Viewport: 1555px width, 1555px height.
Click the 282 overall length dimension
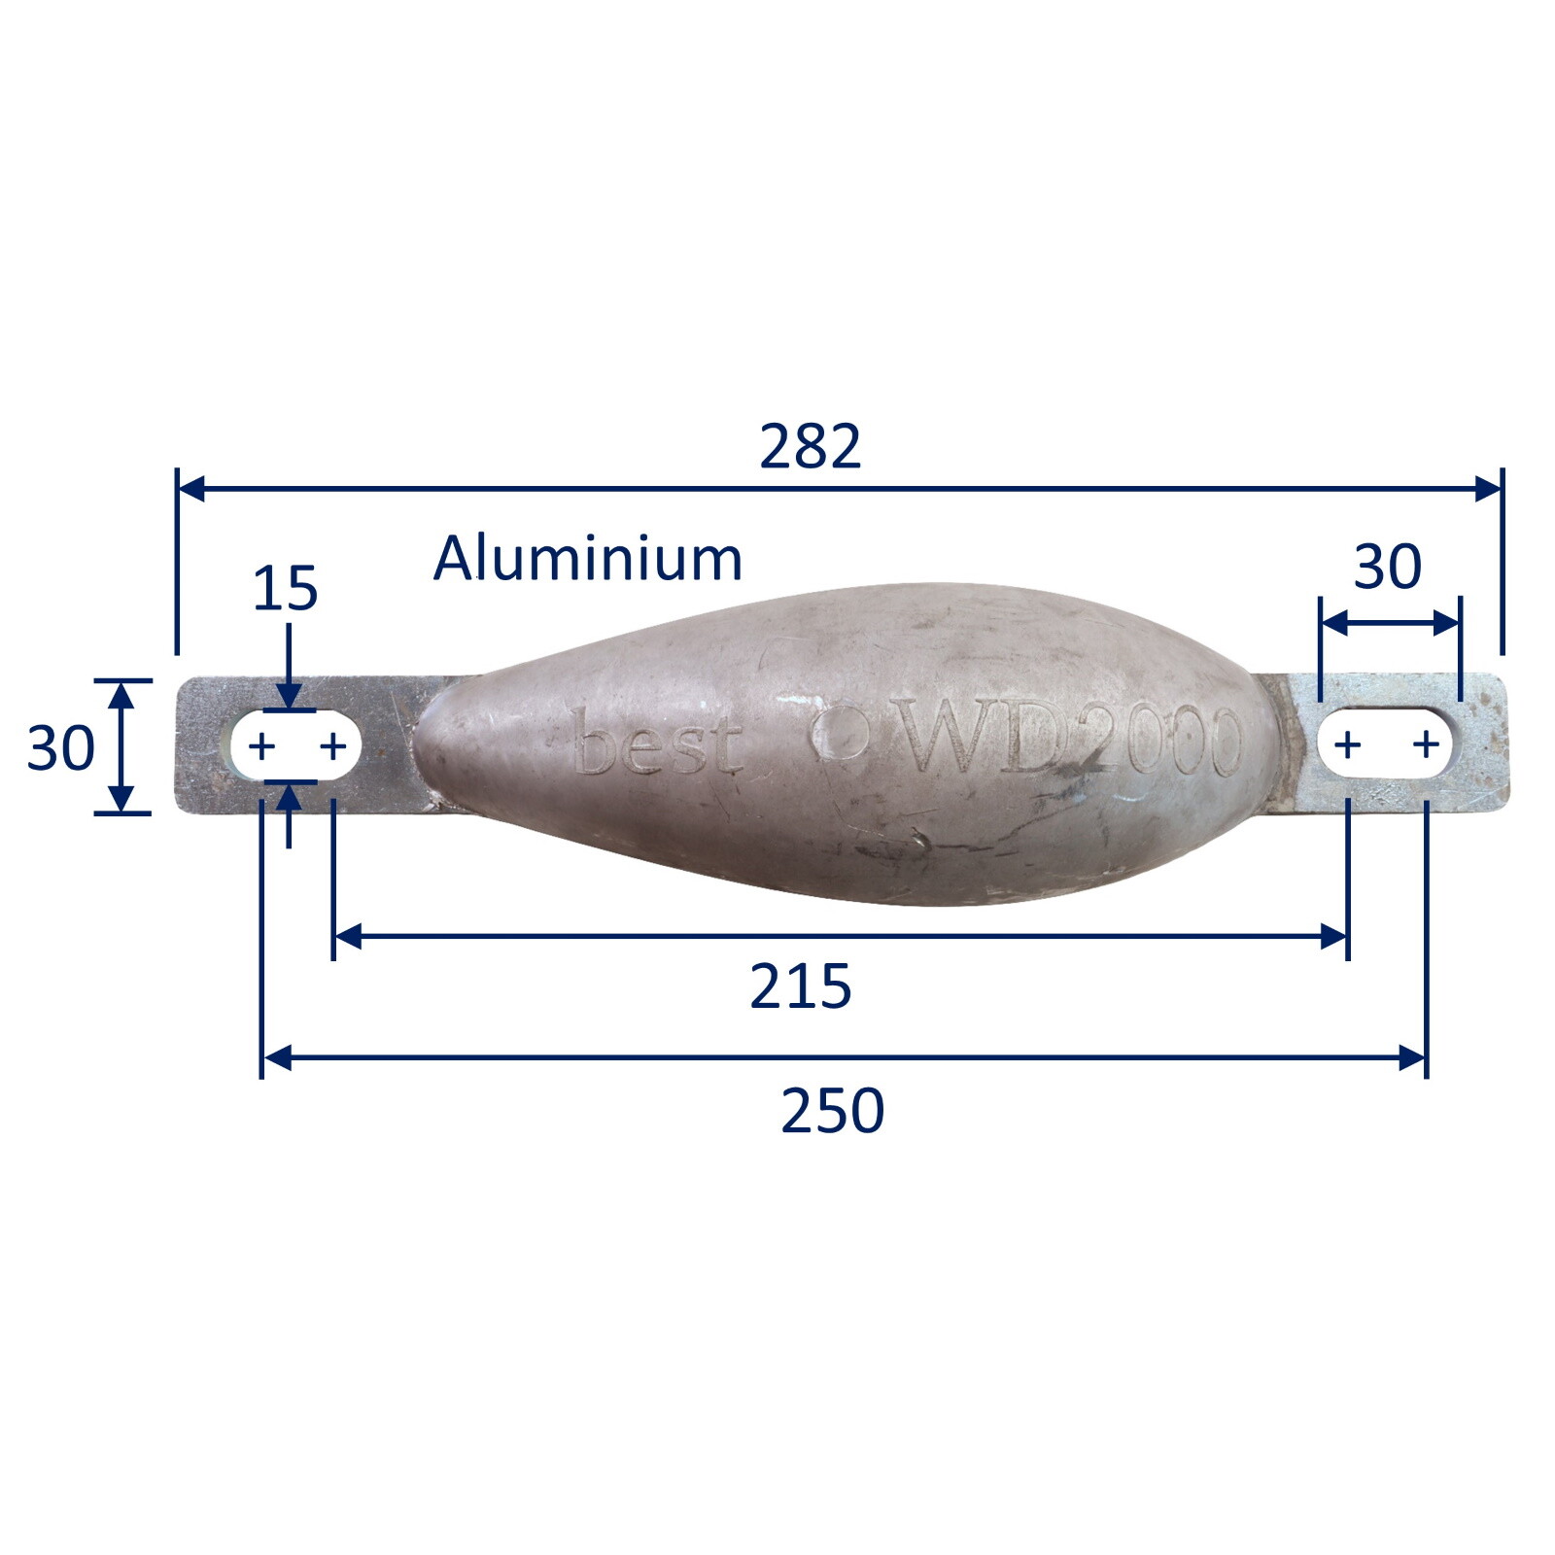click(x=810, y=447)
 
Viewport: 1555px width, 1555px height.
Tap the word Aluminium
click(x=587, y=560)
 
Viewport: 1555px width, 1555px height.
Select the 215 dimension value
click(x=800, y=987)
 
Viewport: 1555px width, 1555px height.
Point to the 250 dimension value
click(x=832, y=1112)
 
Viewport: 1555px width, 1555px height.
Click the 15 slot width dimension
click(x=285, y=589)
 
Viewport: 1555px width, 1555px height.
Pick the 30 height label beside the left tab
click(x=60, y=748)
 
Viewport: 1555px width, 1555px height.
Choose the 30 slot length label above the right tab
click(x=1387, y=567)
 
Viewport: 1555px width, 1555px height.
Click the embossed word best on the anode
click(x=658, y=744)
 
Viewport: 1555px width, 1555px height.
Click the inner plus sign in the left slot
click(x=333, y=746)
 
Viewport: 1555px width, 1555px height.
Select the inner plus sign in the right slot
click(x=1347, y=745)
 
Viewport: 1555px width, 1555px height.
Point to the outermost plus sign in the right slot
click(x=1426, y=745)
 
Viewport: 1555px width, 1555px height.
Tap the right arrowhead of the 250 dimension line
click(x=1412, y=1057)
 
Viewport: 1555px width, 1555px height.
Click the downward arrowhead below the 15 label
click(x=289, y=696)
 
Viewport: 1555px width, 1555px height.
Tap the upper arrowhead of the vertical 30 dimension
click(x=121, y=694)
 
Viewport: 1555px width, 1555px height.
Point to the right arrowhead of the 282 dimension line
click(x=1488, y=488)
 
